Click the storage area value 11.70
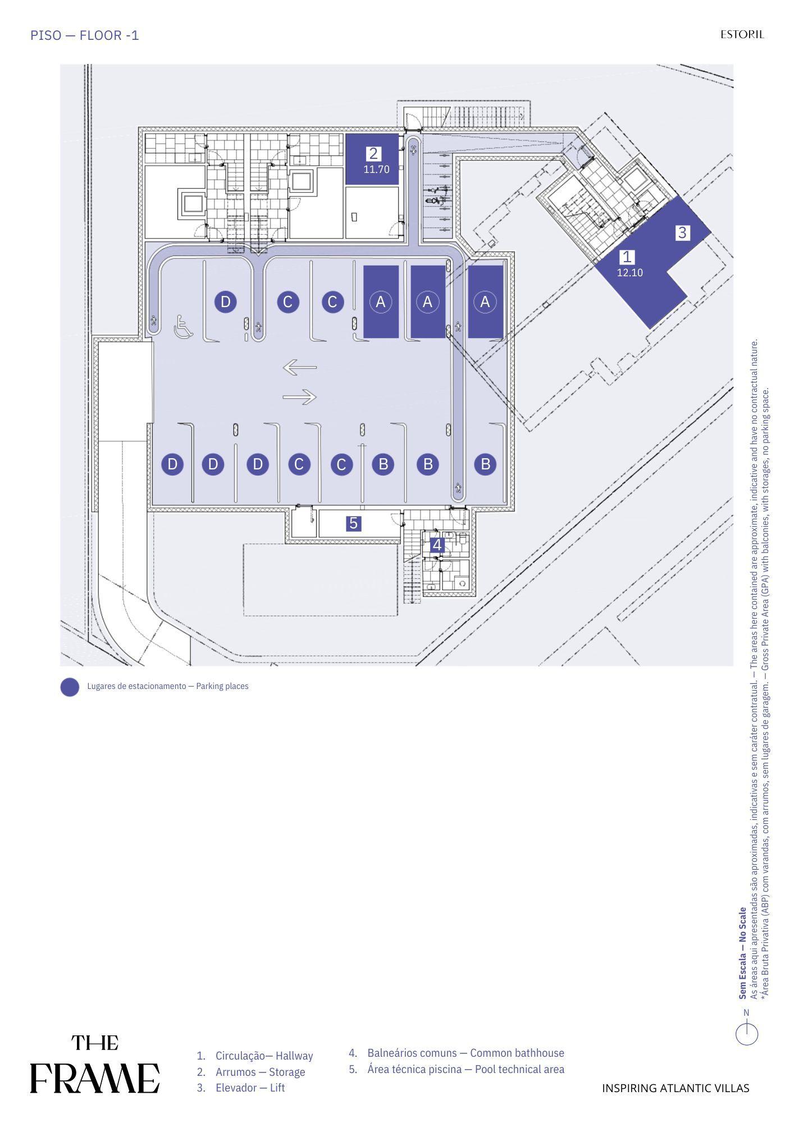(376, 169)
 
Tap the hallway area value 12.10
(630, 273)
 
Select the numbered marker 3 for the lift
(682, 232)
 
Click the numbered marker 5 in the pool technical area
(353, 523)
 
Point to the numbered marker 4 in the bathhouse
(437, 545)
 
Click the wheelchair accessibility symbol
(184, 327)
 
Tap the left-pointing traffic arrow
(300, 368)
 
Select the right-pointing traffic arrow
(300, 397)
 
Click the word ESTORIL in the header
(742, 34)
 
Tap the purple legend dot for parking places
(70, 687)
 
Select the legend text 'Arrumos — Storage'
(260, 1072)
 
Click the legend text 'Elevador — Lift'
(250, 1088)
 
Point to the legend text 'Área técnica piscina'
(414, 1069)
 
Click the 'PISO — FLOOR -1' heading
(85, 35)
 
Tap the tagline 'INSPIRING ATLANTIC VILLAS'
(676, 1088)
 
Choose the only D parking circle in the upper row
(225, 302)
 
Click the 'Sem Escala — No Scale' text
(743, 953)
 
